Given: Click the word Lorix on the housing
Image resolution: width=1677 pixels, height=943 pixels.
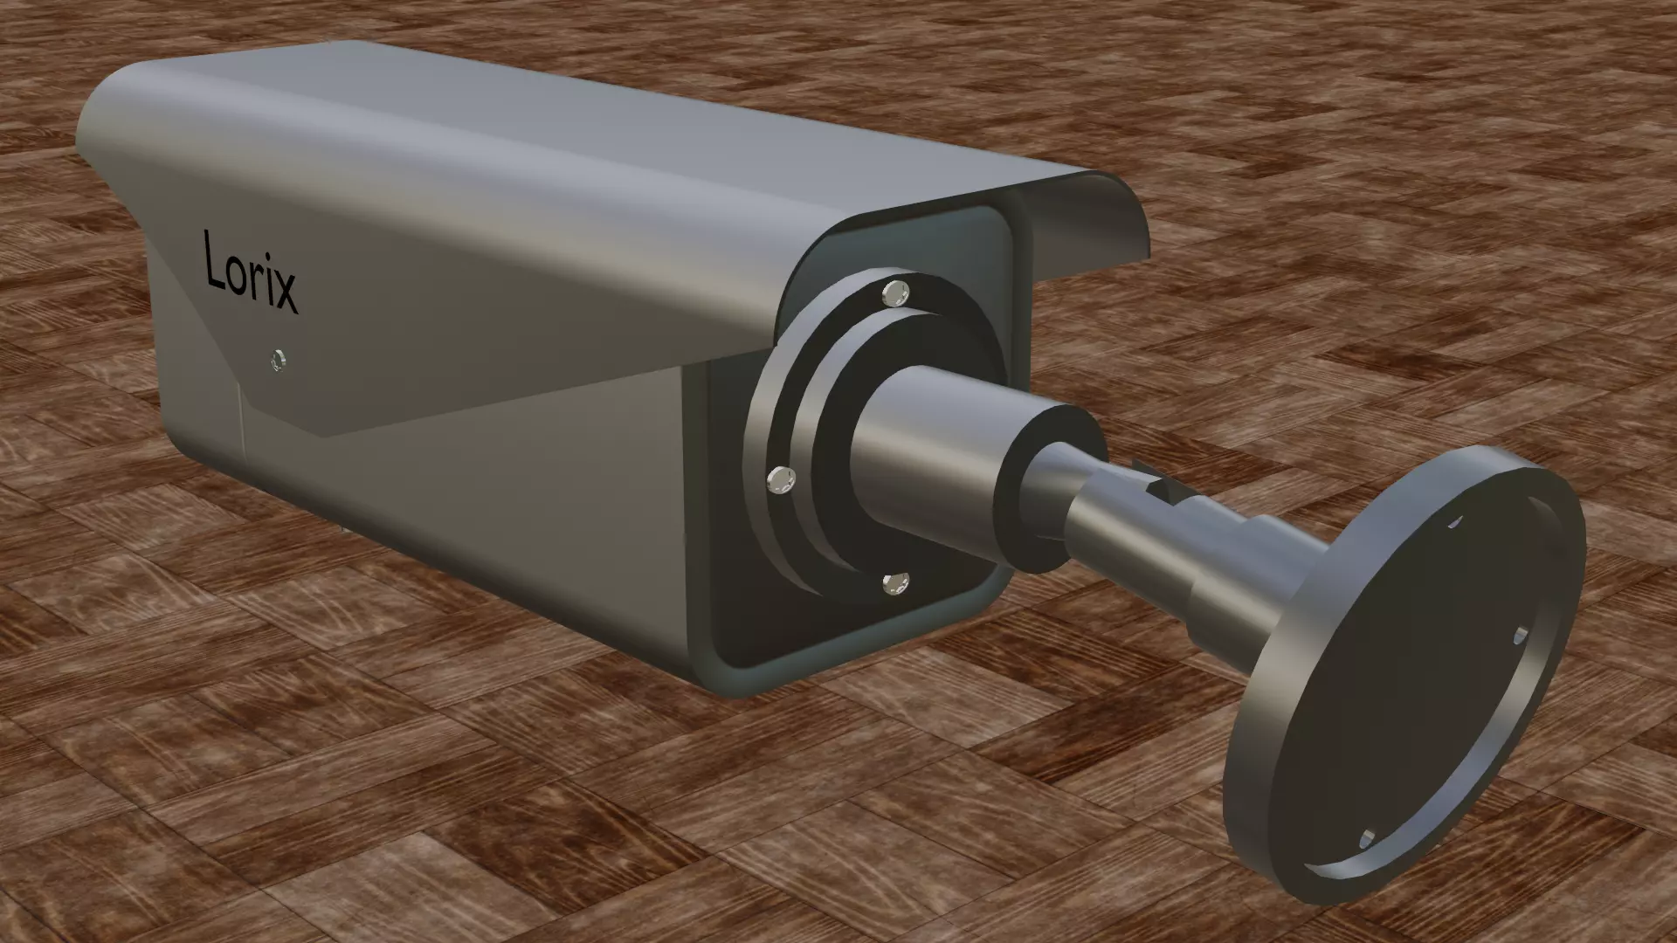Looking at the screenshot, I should [250, 272].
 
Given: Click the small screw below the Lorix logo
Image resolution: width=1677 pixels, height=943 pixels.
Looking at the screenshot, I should [279, 359].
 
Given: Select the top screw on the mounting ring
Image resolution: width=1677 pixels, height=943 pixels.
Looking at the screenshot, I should [896, 292].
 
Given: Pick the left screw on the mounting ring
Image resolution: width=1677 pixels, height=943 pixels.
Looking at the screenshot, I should [779, 479].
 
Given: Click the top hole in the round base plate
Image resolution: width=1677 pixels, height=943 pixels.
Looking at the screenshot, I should [1453, 522].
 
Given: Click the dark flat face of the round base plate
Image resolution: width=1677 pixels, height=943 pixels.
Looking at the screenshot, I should [1406, 690].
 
